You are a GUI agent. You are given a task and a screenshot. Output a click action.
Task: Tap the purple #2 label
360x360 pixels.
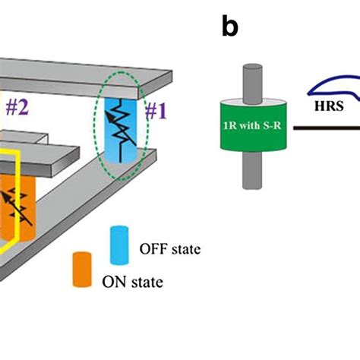(17, 106)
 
